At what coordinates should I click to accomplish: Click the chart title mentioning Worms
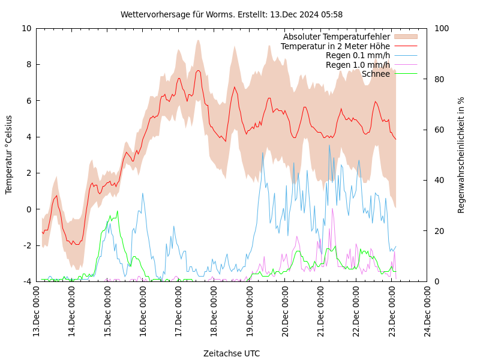pyautogui.click(x=232, y=14)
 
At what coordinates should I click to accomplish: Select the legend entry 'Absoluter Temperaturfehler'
pyautogui.click(x=336, y=37)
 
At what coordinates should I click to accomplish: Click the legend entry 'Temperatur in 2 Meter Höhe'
pyautogui.click(x=335, y=46)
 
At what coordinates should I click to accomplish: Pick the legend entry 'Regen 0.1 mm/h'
pyautogui.click(x=358, y=55)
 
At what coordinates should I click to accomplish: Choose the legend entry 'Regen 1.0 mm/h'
pyautogui.click(x=358, y=65)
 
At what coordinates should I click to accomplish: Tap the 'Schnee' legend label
pyautogui.click(x=376, y=74)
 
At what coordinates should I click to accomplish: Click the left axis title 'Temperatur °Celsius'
pyautogui.click(x=9, y=155)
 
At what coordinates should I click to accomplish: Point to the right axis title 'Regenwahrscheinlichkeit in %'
pyautogui.click(x=461, y=155)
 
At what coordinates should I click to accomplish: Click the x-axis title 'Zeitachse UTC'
pyautogui.click(x=232, y=353)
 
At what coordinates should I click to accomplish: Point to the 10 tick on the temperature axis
pyautogui.click(x=26, y=28)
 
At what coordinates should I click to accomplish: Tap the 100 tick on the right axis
pyautogui.click(x=442, y=28)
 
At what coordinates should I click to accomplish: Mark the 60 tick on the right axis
pyautogui.click(x=439, y=130)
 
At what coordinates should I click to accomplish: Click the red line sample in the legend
pyautogui.click(x=406, y=46)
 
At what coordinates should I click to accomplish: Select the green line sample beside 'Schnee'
pyautogui.click(x=406, y=74)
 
